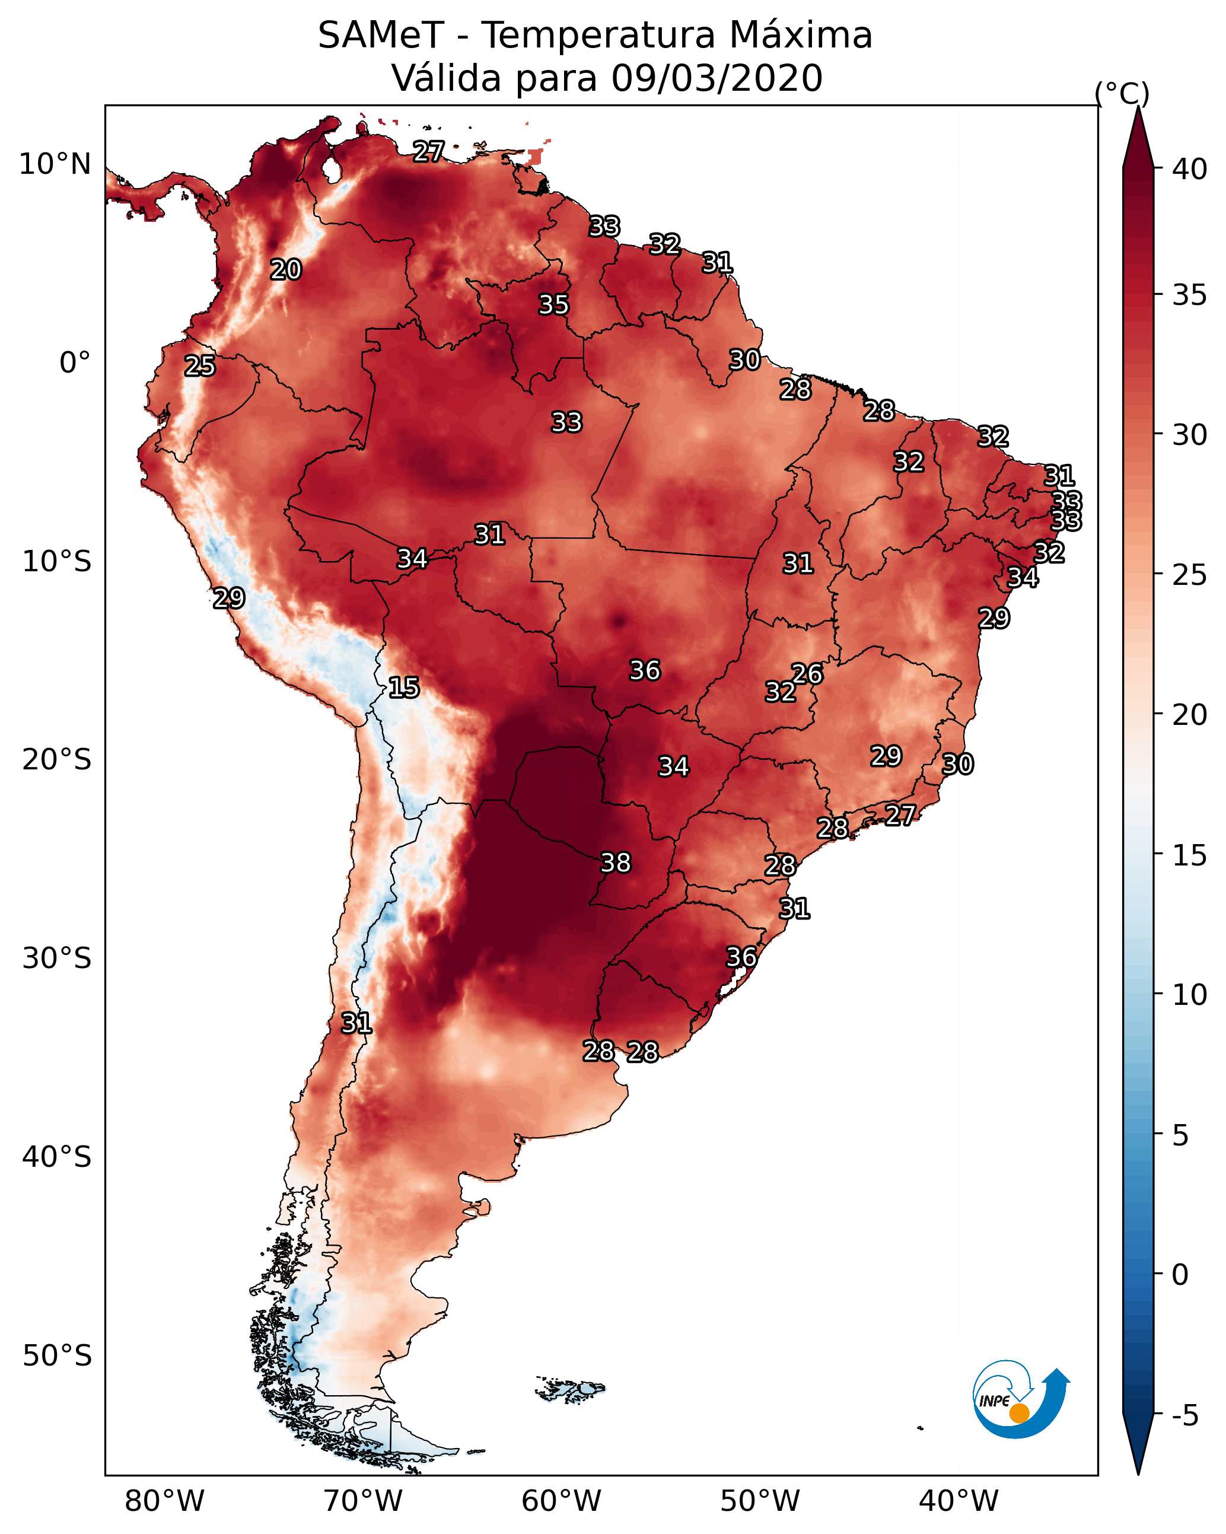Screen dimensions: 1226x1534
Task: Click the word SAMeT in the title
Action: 381,36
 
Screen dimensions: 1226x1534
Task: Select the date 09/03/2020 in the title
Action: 717,78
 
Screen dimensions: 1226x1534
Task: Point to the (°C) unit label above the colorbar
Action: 1122,93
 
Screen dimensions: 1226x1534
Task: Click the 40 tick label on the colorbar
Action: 1190,169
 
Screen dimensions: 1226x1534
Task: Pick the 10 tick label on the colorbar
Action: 1190,995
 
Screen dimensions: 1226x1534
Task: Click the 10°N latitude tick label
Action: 55,164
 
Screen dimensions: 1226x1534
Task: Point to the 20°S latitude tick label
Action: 57,760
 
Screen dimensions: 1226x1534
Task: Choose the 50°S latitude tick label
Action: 57,1356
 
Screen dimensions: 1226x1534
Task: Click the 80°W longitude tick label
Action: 164,1501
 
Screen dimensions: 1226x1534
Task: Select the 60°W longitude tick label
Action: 562,1501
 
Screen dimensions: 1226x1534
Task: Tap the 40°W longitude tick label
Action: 958,1501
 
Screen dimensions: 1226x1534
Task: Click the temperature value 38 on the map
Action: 616,863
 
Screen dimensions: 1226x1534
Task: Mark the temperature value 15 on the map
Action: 403,688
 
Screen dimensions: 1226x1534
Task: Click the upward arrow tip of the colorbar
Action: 1138,108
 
